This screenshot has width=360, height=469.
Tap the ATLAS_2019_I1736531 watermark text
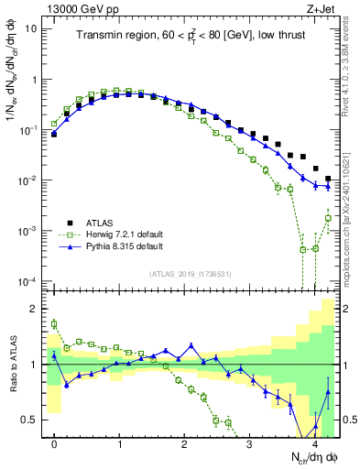tap(191, 273)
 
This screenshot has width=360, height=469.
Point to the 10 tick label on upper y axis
tap(30, 28)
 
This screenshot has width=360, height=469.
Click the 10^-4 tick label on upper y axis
tap(28, 281)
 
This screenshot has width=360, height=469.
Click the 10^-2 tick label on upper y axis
tap(28, 180)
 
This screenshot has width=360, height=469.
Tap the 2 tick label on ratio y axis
tap(33, 309)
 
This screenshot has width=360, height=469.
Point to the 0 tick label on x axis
tap(54, 444)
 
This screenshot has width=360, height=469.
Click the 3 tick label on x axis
tap(250, 444)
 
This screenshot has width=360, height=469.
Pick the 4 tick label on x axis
tap(315, 444)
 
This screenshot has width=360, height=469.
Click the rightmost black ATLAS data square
tap(327, 179)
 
